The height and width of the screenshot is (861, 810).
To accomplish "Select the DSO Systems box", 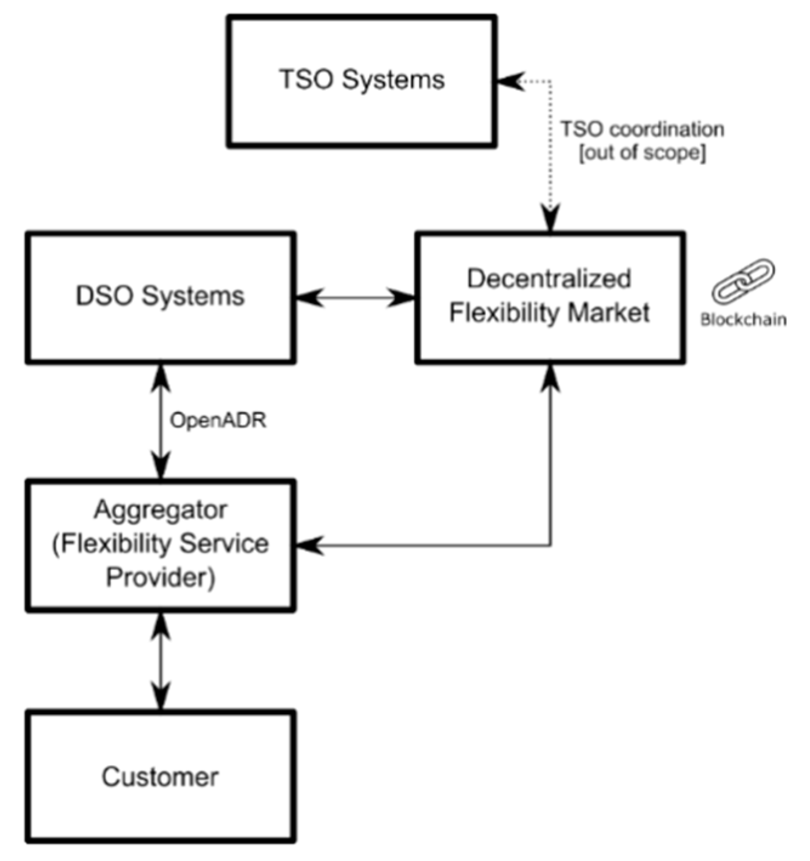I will pos(161,297).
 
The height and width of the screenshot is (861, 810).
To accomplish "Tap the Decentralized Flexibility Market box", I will pos(550,297).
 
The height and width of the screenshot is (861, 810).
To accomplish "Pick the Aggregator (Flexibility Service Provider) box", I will pos(161,545).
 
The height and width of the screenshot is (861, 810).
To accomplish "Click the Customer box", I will pos(161,777).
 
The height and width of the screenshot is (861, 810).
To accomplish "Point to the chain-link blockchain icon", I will pos(743,281).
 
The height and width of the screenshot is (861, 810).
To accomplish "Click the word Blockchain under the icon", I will pos(743,320).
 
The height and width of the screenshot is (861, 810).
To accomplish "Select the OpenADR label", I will pos(218,420).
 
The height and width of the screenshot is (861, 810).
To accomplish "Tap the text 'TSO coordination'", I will pos(641,129).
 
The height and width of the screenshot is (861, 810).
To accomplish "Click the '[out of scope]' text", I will pos(642,152).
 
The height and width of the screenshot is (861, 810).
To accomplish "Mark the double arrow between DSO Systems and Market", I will pos(355,297).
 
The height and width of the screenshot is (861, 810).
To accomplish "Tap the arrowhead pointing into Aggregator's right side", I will pos(308,545).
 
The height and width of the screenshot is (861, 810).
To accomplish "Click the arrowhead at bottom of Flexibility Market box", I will pos(550,377).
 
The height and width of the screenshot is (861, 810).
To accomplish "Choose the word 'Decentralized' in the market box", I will pos(549,279).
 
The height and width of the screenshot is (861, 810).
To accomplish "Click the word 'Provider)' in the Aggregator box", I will pos(161,577).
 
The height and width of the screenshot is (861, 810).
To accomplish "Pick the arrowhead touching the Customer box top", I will pos(161,698).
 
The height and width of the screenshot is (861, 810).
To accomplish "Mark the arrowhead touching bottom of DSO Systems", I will pos(161,376).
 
